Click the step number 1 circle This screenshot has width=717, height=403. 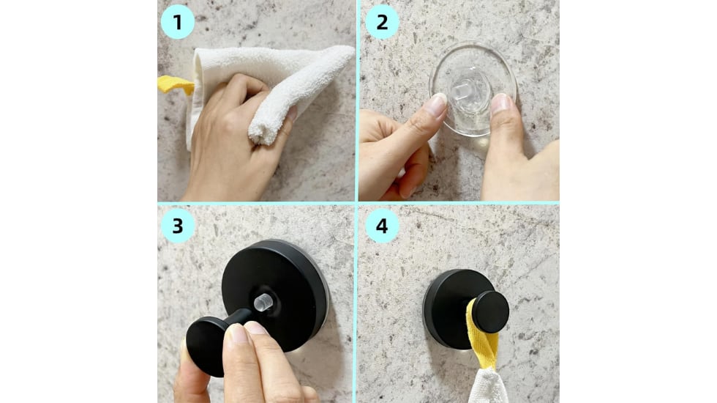[178, 21]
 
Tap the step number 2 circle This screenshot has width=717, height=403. [382, 21]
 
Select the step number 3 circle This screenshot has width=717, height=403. [178, 226]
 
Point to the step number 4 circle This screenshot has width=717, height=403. [382, 226]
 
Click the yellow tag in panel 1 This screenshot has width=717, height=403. [174, 84]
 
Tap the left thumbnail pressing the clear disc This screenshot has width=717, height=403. [437, 105]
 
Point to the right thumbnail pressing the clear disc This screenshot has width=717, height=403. [501, 103]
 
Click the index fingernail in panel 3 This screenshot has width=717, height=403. [237, 335]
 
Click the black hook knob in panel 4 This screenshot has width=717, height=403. [489, 311]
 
